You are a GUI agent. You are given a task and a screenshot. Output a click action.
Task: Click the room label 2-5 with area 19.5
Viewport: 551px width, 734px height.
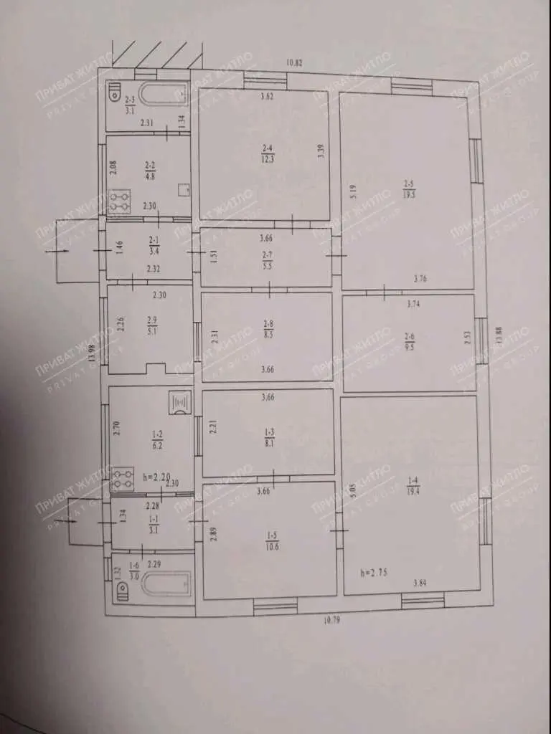click(x=410, y=189)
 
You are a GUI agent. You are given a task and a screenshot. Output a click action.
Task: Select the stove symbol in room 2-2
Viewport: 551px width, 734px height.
click(x=118, y=200)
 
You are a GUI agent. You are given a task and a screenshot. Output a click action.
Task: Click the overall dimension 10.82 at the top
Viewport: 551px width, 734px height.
click(x=294, y=62)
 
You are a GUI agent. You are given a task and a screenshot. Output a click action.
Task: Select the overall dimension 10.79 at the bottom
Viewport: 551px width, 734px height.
click(x=331, y=620)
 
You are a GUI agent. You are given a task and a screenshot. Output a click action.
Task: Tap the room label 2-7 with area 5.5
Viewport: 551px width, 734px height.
click(x=268, y=260)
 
